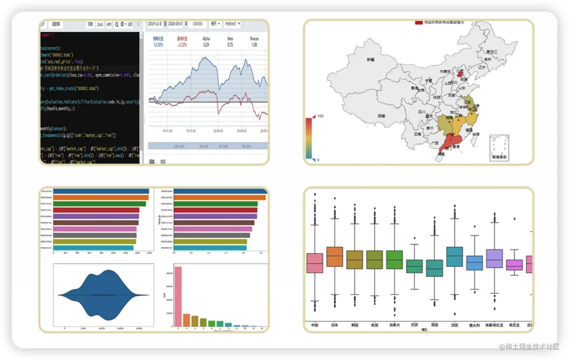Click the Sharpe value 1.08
click(x=254, y=45)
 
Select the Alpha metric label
click(x=206, y=39)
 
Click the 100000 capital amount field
click(x=198, y=24)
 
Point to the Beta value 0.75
click(x=230, y=45)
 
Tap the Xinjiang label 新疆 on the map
click(x=371, y=59)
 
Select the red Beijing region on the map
click(x=459, y=74)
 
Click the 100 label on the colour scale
click(x=320, y=116)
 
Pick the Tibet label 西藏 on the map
click(x=381, y=116)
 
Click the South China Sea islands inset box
click(x=499, y=148)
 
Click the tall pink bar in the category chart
click(x=178, y=296)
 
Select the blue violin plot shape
click(x=103, y=295)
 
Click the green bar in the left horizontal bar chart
click(x=99, y=204)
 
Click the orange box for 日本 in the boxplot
click(x=335, y=257)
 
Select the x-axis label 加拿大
click(x=394, y=325)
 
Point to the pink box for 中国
click(x=315, y=263)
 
